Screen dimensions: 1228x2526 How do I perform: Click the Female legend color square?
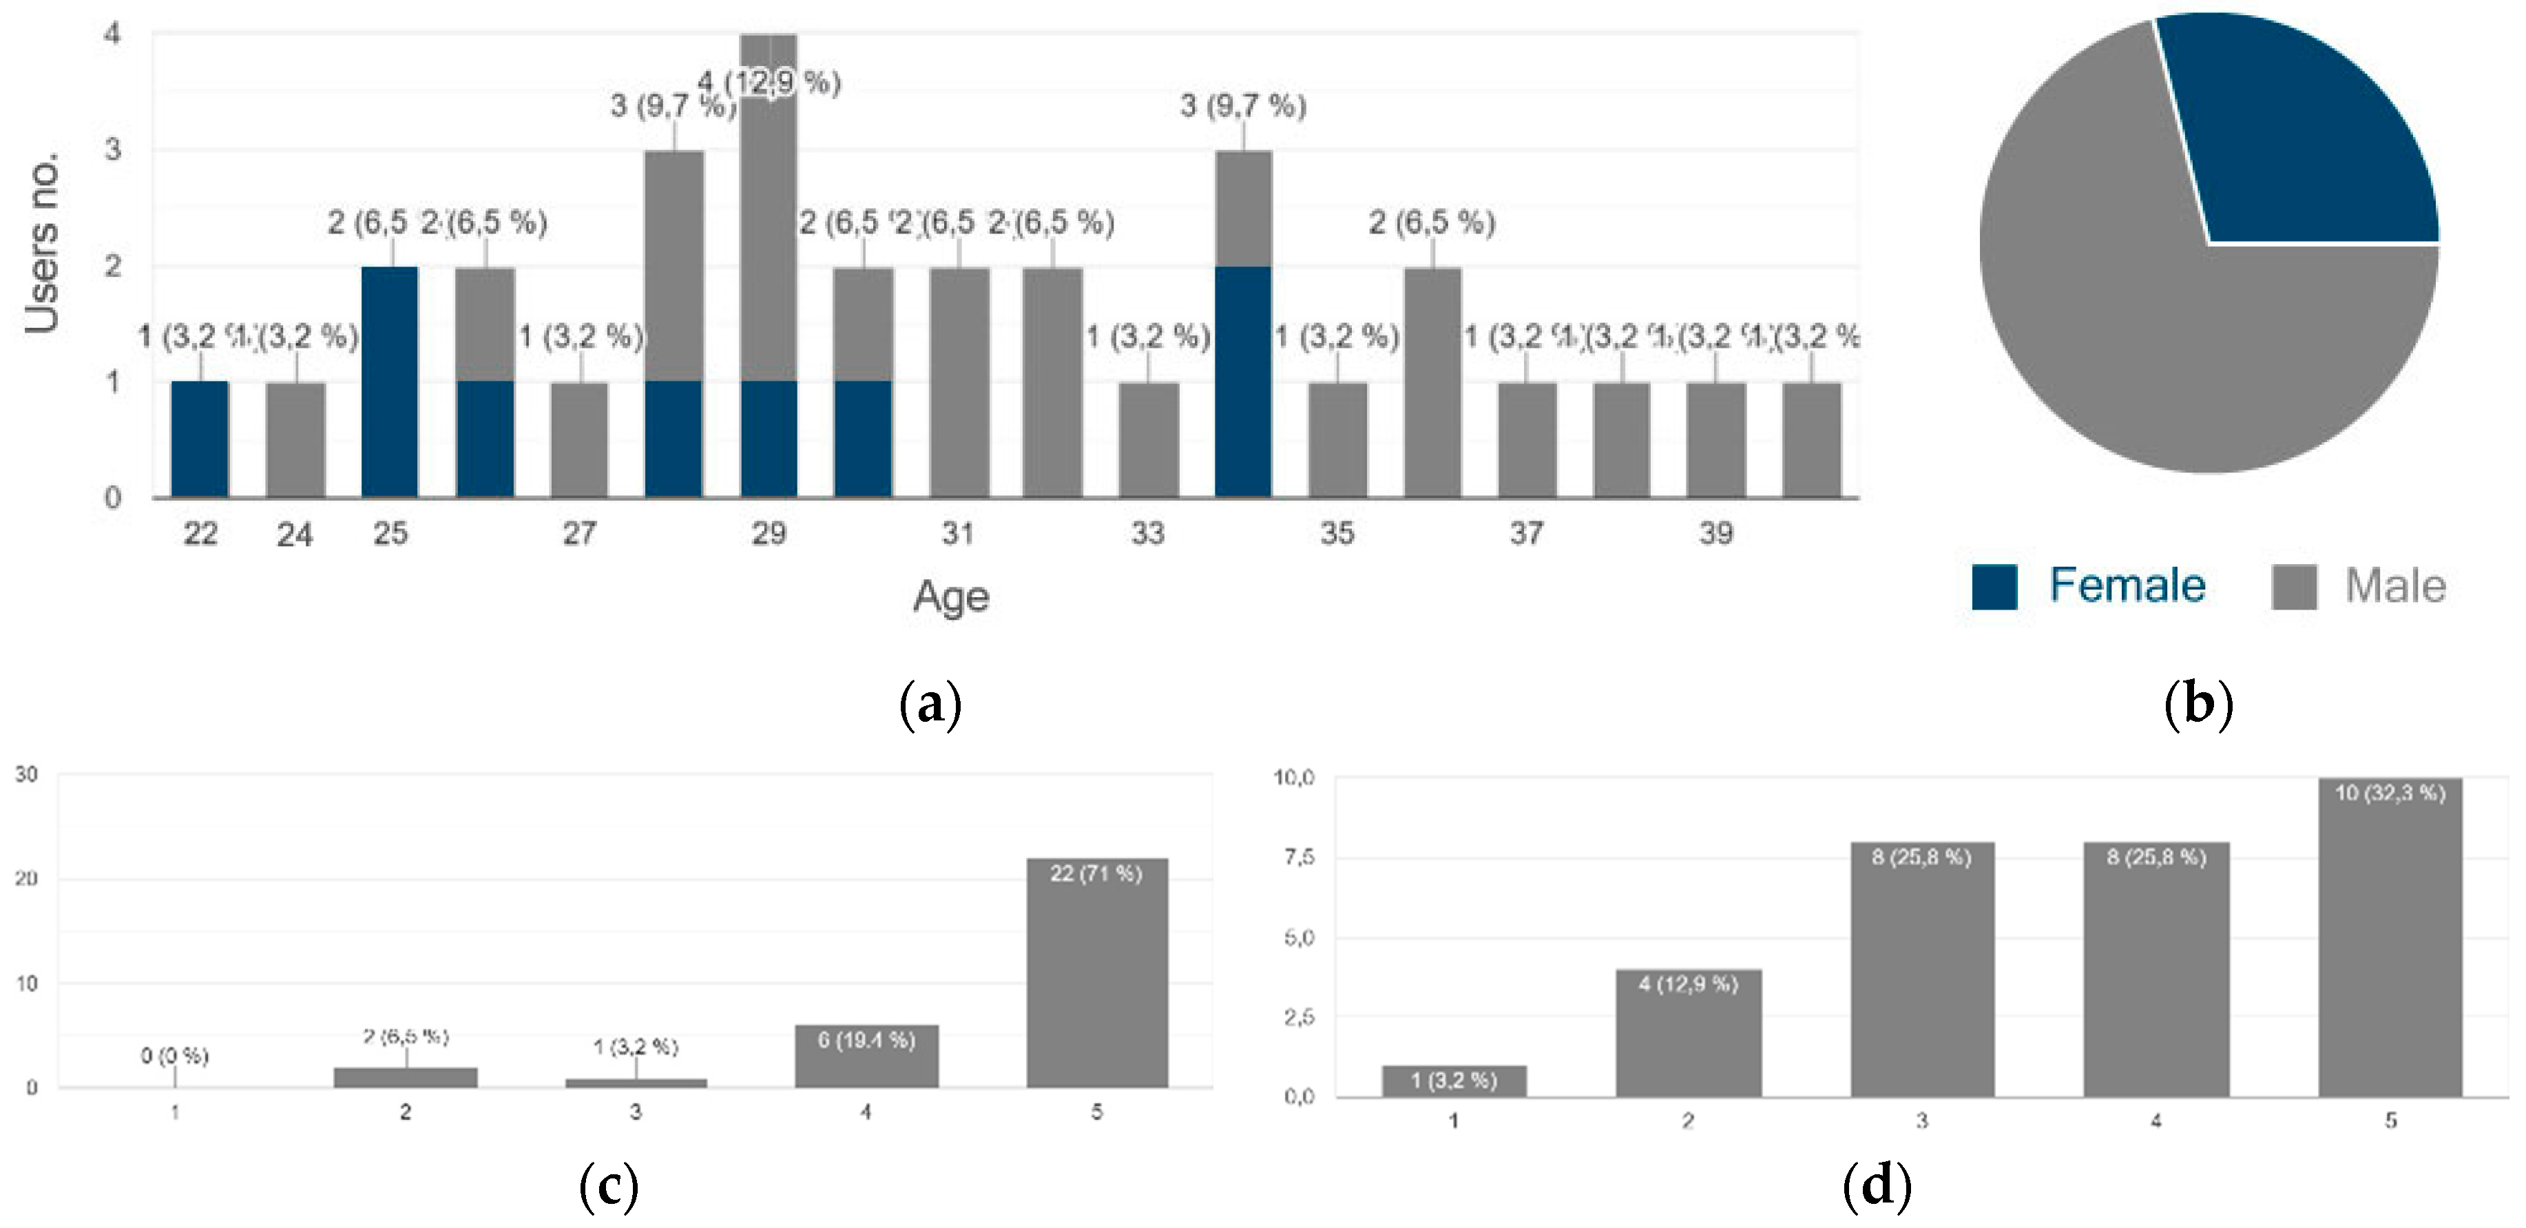(x=1994, y=587)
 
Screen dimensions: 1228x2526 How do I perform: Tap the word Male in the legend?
(x=2394, y=587)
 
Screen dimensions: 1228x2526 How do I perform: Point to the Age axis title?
(x=950, y=596)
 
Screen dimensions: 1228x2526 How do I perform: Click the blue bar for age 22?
(x=200, y=439)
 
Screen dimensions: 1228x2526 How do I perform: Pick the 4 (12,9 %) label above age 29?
(x=771, y=83)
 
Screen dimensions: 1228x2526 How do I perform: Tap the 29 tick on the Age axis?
(x=769, y=534)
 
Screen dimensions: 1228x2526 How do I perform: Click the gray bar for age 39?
(x=1716, y=439)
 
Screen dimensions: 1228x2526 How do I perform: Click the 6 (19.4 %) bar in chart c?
(x=866, y=1057)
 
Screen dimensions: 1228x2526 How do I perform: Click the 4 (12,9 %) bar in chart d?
(x=1688, y=1034)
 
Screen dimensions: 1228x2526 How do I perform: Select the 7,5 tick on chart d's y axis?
(x=1297, y=857)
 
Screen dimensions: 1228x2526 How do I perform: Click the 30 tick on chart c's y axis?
(x=26, y=775)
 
